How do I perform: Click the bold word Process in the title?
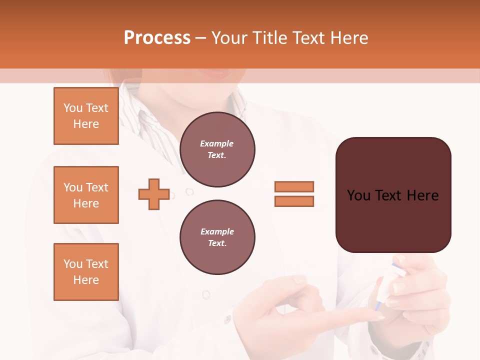[157, 38]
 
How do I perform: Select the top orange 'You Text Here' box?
[86, 116]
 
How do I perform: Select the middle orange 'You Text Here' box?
[86, 195]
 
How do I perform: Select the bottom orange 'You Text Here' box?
[86, 272]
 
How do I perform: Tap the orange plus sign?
[154, 194]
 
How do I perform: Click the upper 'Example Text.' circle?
[217, 149]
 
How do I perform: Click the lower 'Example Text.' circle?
[217, 237]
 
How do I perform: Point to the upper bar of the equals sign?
[294, 186]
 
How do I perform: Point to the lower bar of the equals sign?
[294, 201]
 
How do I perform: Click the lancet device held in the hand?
[387, 285]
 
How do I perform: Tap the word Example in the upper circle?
[216, 143]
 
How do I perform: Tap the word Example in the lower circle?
[217, 231]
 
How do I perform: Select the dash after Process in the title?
[201, 38]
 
